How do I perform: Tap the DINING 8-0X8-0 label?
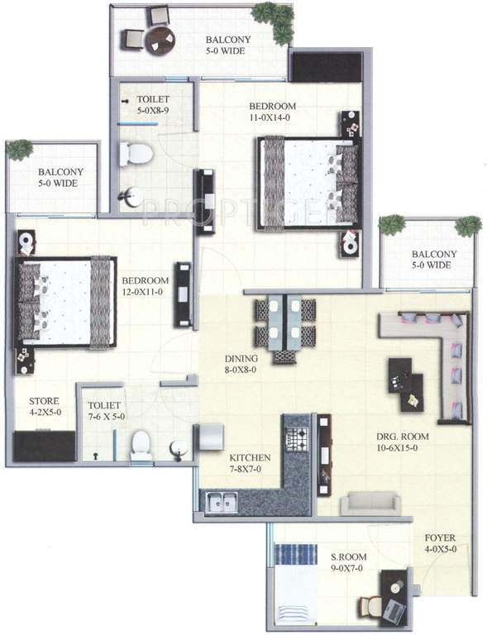[241, 364]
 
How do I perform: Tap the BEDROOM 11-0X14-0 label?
[272, 112]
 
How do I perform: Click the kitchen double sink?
[221, 499]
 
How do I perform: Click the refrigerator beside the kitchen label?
[208, 437]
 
